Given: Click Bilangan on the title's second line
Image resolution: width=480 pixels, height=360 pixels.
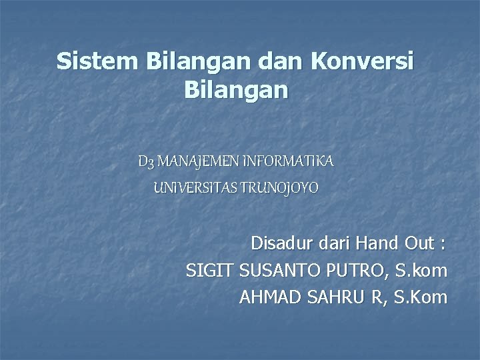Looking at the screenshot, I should pos(235,89).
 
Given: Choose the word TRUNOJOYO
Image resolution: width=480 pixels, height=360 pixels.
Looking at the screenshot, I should pos(283,189).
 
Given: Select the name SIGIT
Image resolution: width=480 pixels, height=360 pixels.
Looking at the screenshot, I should pos(207,271).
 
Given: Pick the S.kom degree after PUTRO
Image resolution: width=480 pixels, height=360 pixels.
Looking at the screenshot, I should pos(422,271).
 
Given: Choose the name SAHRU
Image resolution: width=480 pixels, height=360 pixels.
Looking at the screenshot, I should pos(337,297).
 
